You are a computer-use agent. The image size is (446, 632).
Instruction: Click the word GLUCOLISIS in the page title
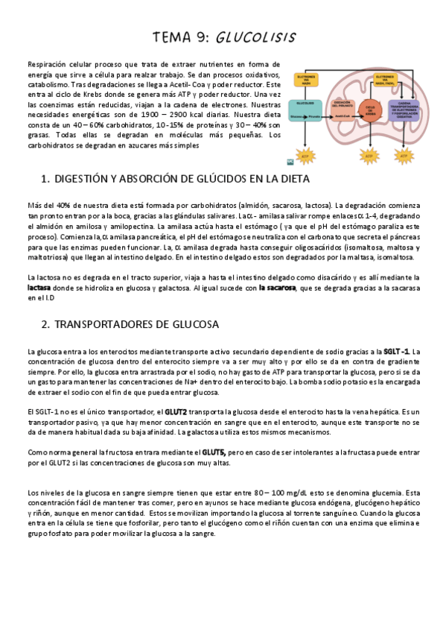pos(256,37)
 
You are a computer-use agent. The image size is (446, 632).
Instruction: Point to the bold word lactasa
pos(39,286)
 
